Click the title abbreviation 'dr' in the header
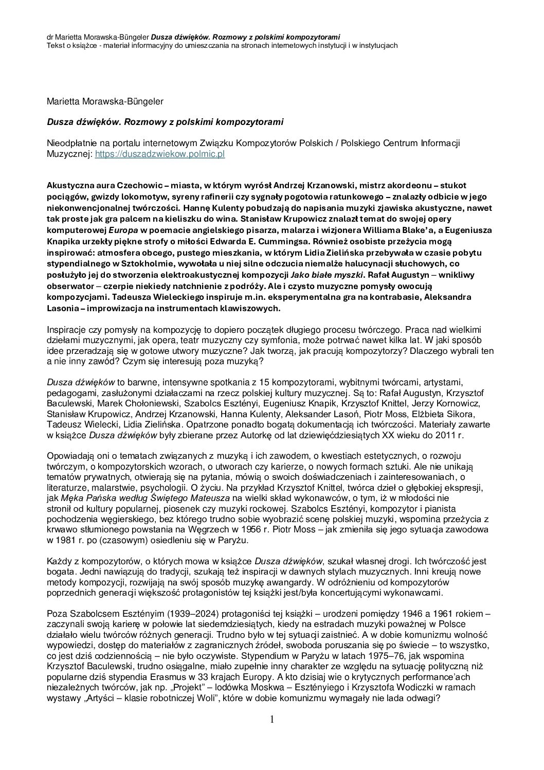(x=50, y=37)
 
